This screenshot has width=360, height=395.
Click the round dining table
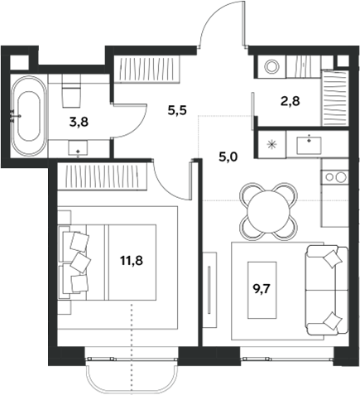point(268,210)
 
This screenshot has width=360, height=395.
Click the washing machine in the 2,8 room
point(271,66)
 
